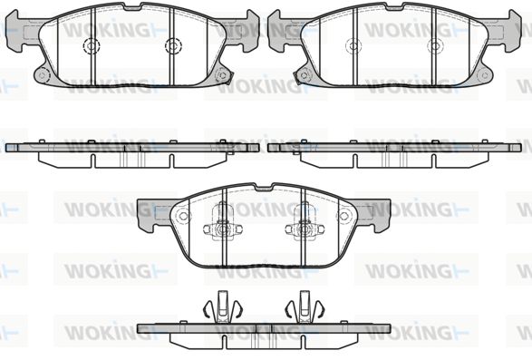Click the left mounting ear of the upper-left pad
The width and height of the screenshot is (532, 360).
coord(17,31)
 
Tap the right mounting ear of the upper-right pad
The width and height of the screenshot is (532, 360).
coord(509,31)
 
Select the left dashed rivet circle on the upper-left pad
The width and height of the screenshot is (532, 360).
coord(91,45)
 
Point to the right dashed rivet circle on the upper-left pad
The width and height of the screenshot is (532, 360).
coord(173,45)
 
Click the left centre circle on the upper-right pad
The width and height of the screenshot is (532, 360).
coord(353,45)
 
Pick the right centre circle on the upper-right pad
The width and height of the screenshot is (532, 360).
coord(435,45)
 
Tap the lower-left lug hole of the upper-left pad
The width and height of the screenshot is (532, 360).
coord(42,75)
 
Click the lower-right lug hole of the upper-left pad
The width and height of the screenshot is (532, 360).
coord(223,75)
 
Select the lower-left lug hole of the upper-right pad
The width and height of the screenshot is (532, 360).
coord(304,75)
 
